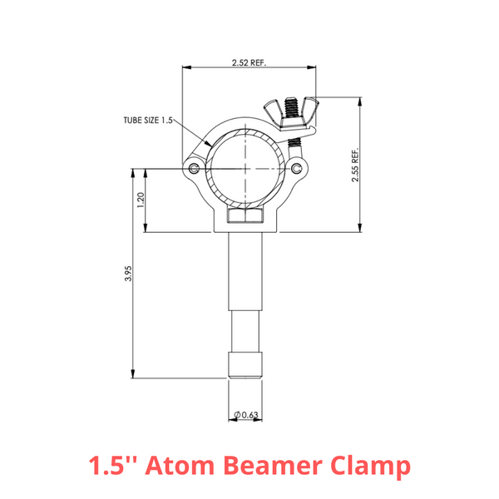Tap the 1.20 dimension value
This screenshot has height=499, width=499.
tap(141, 200)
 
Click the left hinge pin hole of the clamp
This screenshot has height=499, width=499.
tap(194, 169)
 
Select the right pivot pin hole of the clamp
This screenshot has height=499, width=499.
tap(297, 169)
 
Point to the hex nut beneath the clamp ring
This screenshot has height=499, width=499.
tap(245, 219)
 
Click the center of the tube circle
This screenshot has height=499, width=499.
tap(245, 169)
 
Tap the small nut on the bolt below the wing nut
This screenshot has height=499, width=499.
tap(293, 141)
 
